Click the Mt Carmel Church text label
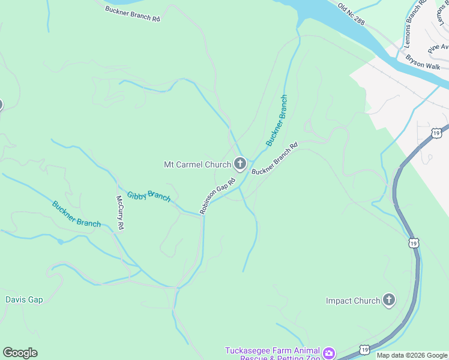pyautogui.click(x=197, y=164)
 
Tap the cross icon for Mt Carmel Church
pyautogui.click(x=240, y=163)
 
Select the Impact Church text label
pyautogui.click(x=353, y=301)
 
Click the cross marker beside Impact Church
pyautogui.click(x=389, y=300)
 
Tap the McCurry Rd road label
pyautogui.click(x=120, y=212)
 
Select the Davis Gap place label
pyautogui.click(x=24, y=299)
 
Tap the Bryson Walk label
pyautogui.click(x=423, y=62)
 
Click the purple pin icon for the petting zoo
pyautogui.click(x=328, y=353)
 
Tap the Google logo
pyautogui.click(x=20, y=353)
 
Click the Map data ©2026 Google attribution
pyautogui.click(x=412, y=355)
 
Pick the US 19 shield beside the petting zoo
pyautogui.click(x=364, y=349)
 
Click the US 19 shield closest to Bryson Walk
pyautogui.click(x=436, y=133)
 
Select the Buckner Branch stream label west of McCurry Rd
pyautogui.click(x=76, y=214)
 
